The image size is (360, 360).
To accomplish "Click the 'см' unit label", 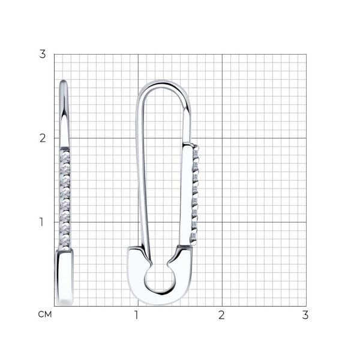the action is point(45,314).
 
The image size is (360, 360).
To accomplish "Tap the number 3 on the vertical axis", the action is point(43,54).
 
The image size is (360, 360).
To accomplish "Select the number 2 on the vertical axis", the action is point(43,138).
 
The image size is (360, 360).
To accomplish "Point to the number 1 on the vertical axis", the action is point(41,222).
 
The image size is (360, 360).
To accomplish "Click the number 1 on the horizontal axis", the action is point(136,315).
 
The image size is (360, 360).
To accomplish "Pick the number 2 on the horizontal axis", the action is point(221,315).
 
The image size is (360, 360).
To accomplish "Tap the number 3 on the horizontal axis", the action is point(305,315).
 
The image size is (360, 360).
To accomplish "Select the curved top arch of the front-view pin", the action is point(163,83).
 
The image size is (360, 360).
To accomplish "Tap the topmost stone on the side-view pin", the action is point(65,158).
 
